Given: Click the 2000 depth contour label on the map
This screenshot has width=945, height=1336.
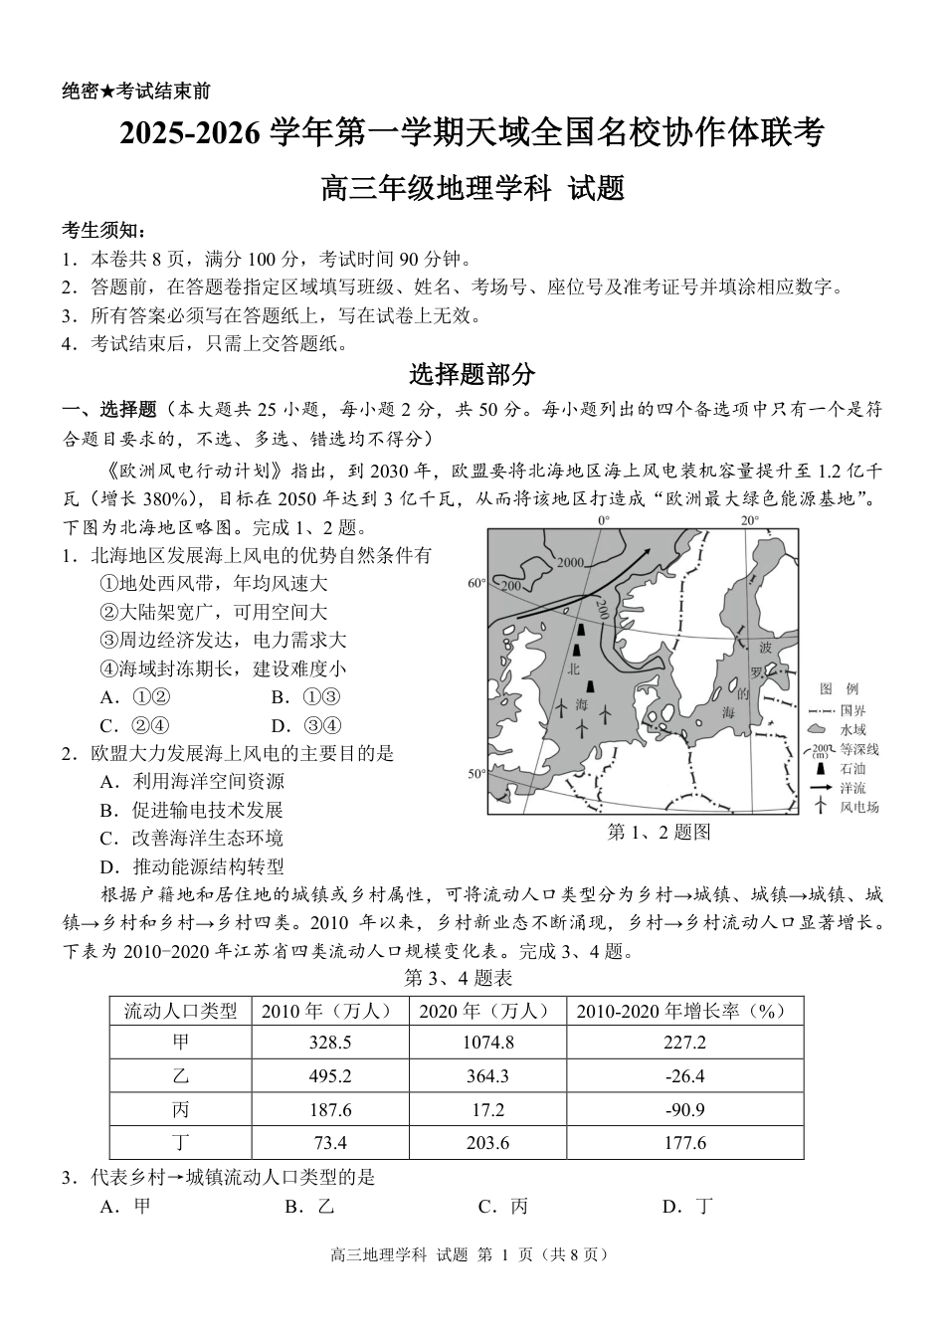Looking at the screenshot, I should [x=570, y=563].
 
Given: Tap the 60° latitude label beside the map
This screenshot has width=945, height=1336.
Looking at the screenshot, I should [x=475, y=584].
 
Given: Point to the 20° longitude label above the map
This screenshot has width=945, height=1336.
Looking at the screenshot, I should [x=748, y=520].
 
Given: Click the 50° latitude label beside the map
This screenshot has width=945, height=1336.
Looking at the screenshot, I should [x=475, y=773].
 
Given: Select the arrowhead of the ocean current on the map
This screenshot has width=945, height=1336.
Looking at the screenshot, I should [x=647, y=550].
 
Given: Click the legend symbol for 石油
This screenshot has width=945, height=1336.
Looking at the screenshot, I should [x=820, y=768].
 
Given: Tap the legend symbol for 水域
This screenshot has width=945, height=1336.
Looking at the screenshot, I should [x=820, y=730].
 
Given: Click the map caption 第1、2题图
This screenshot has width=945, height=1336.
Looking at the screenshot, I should [x=659, y=833].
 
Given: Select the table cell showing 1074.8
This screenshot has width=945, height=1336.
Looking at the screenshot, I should [x=487, y=1043].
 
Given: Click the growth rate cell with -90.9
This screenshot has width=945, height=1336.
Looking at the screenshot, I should [x=684, y=1109].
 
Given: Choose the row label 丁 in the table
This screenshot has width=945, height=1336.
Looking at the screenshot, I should [x=180, y=1143].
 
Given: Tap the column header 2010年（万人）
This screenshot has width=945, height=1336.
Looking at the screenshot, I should [x=329, y=1011].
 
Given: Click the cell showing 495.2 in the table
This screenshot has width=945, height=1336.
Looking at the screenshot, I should [x=329, y=1076].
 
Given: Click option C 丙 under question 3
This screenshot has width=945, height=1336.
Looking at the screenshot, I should [x=502, y=1207].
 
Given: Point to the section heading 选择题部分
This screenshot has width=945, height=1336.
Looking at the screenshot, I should [x=472, y=375].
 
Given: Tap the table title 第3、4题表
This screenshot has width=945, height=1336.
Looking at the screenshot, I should [x=459, y=979].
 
